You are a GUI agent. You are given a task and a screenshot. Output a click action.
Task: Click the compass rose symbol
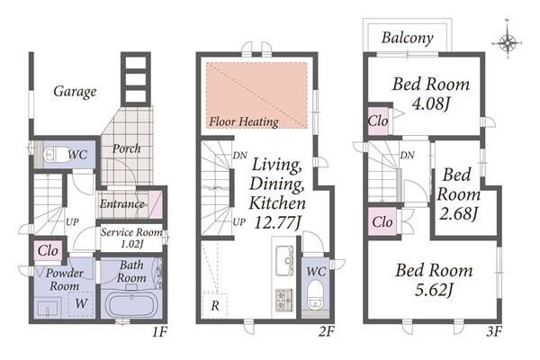(x=507, y=42)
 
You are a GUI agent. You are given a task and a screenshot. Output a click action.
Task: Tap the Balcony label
(x=407, y=38)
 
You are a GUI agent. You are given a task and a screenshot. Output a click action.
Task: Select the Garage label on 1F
(x=75, y=92)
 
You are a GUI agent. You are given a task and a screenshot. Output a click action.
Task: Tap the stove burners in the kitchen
(x=284, y=301)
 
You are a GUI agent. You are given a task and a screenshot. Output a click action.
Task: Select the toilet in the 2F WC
(x=314, y=293)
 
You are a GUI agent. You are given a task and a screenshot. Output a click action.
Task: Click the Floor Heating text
(x=244, y=121)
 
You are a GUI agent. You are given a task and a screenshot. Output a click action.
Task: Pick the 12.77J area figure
(x=277, y=222)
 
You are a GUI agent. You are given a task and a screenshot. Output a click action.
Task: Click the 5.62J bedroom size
(x=434, y=289)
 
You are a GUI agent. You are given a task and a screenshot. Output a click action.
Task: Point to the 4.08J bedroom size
(x=431, y=103)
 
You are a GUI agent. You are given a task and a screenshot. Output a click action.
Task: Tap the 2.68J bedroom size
(x=458, y=213)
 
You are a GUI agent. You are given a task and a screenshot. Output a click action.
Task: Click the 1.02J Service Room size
(x=131, y=244)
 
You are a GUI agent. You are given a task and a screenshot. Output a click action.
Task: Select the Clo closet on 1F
(x=48, y=250)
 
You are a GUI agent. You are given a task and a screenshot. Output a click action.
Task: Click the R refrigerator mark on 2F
(x=215, y=305)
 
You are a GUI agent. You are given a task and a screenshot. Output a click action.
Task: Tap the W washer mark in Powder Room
(x=81, y=303)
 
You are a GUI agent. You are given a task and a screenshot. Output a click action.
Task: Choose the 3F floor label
(x=494, y=331)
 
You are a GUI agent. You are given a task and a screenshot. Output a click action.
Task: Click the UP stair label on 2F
(x=239, y=222)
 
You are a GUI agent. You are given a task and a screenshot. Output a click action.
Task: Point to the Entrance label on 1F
(x=121, y=204)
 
